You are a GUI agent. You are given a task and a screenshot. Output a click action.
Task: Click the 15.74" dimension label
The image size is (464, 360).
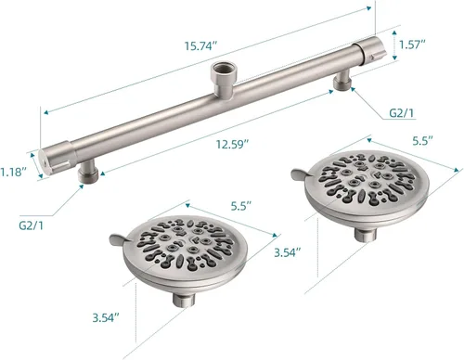[x=201, y=46]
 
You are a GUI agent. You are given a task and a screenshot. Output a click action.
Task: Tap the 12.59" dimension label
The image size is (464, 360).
[x=232, y=144]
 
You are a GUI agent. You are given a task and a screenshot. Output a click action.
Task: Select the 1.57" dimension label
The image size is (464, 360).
[x=412, y=45]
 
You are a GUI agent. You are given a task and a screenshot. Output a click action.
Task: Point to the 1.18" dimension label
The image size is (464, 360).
[x=13, y=172]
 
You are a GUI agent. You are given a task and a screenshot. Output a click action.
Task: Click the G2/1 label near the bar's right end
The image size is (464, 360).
[x=401, y=113]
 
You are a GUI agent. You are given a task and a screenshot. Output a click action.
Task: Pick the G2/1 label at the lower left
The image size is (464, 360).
[x=32, y=225]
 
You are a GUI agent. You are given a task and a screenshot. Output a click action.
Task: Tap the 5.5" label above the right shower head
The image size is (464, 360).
[x=422, y=141]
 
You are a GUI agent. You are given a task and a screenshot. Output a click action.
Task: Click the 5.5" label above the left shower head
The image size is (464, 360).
[x=241, y=206]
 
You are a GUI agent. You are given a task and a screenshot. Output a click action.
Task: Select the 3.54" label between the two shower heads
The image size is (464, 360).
[x=288, y=252]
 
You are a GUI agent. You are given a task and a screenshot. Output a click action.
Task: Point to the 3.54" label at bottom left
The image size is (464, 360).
[x=106, y=317]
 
